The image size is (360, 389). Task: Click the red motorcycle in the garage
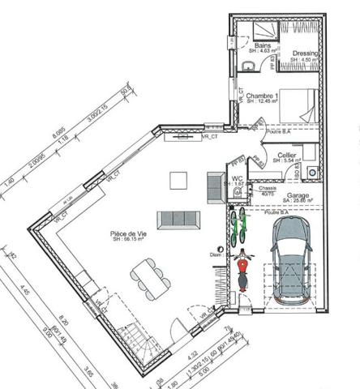[x=241, y=271]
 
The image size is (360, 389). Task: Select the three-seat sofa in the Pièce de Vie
[x=178, y=217]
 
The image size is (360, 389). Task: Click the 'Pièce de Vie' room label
[x=127, y=236]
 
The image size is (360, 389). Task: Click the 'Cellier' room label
[x=285, y=154]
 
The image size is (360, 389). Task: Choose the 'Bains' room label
[x=262, y=46]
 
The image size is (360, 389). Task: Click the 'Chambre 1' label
[x=263, y=96]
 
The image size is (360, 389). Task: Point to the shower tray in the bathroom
[x=260, y=30]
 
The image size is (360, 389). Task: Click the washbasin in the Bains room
[x=246, y=64]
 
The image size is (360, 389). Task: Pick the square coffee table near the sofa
[x=178, y=179]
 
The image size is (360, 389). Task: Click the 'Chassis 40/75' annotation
[x=267, y=191]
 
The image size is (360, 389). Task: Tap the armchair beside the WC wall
[x=215, y=179]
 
